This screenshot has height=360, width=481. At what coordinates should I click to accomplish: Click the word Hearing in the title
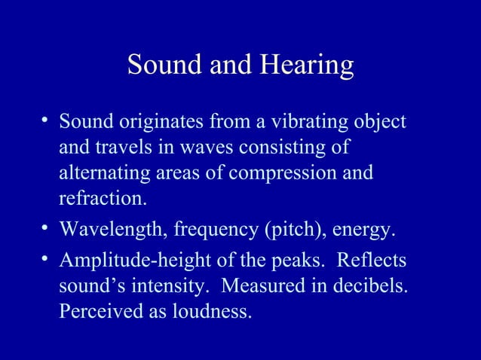(x=307, y=67)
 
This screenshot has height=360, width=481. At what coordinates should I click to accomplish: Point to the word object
(x=379, y=122)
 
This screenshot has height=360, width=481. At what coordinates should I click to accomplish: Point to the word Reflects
(x=371, y=261)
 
